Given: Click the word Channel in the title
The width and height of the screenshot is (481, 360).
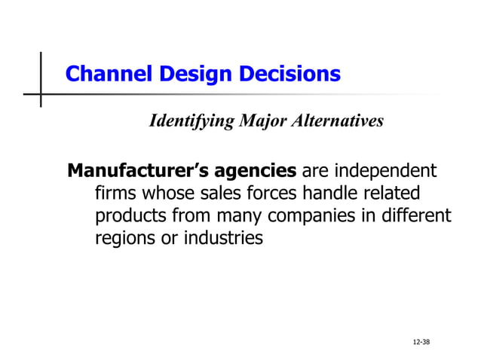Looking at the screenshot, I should (101, 75).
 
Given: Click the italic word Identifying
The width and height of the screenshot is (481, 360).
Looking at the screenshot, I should (191, 121).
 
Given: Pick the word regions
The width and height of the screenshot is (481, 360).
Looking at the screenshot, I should (124, 240).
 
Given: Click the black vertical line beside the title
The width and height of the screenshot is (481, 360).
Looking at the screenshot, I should (41, 79).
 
